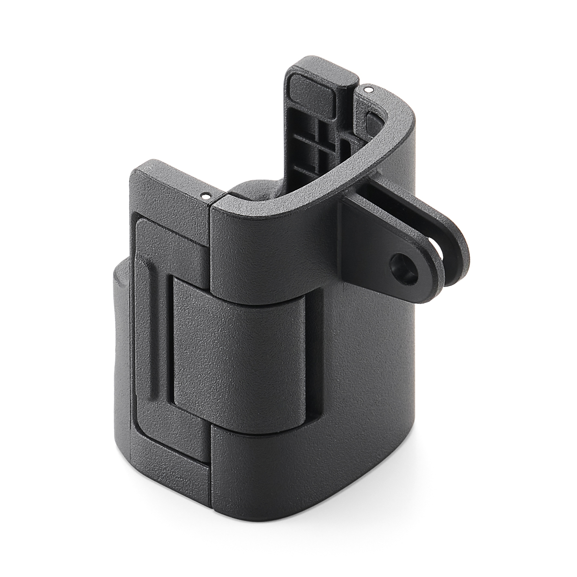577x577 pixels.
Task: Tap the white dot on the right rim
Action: tap(368, 89)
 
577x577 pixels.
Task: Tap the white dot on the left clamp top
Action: tap(205, 196)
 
